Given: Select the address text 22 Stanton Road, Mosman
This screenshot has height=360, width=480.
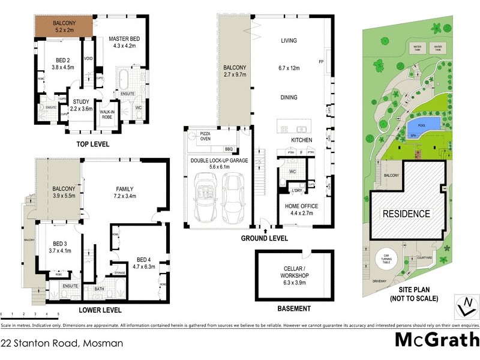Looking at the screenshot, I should [62, 344].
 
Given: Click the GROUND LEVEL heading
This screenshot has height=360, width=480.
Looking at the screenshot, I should [264, 238].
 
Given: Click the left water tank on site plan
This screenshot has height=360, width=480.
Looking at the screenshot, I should [416, 46].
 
